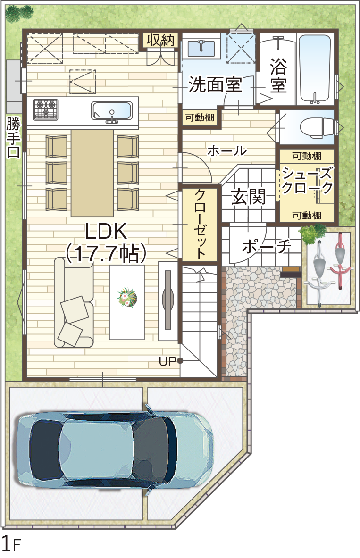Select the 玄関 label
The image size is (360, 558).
[x=248, y=196]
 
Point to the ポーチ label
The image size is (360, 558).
[x=267, y=246]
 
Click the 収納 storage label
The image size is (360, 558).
[x=160, y=41]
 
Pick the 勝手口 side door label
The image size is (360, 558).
[x=14, y=138]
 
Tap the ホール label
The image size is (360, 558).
[x=227, y=151]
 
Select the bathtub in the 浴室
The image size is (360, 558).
[x=314, y=69]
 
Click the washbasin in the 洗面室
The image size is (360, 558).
[x=201, y=48]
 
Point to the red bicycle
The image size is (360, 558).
[x=341, y=258]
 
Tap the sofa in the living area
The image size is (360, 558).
[x=73, y=302]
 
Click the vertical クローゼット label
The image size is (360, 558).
[x=200, y=224]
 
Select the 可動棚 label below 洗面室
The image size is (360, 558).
[x=200, y=117]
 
